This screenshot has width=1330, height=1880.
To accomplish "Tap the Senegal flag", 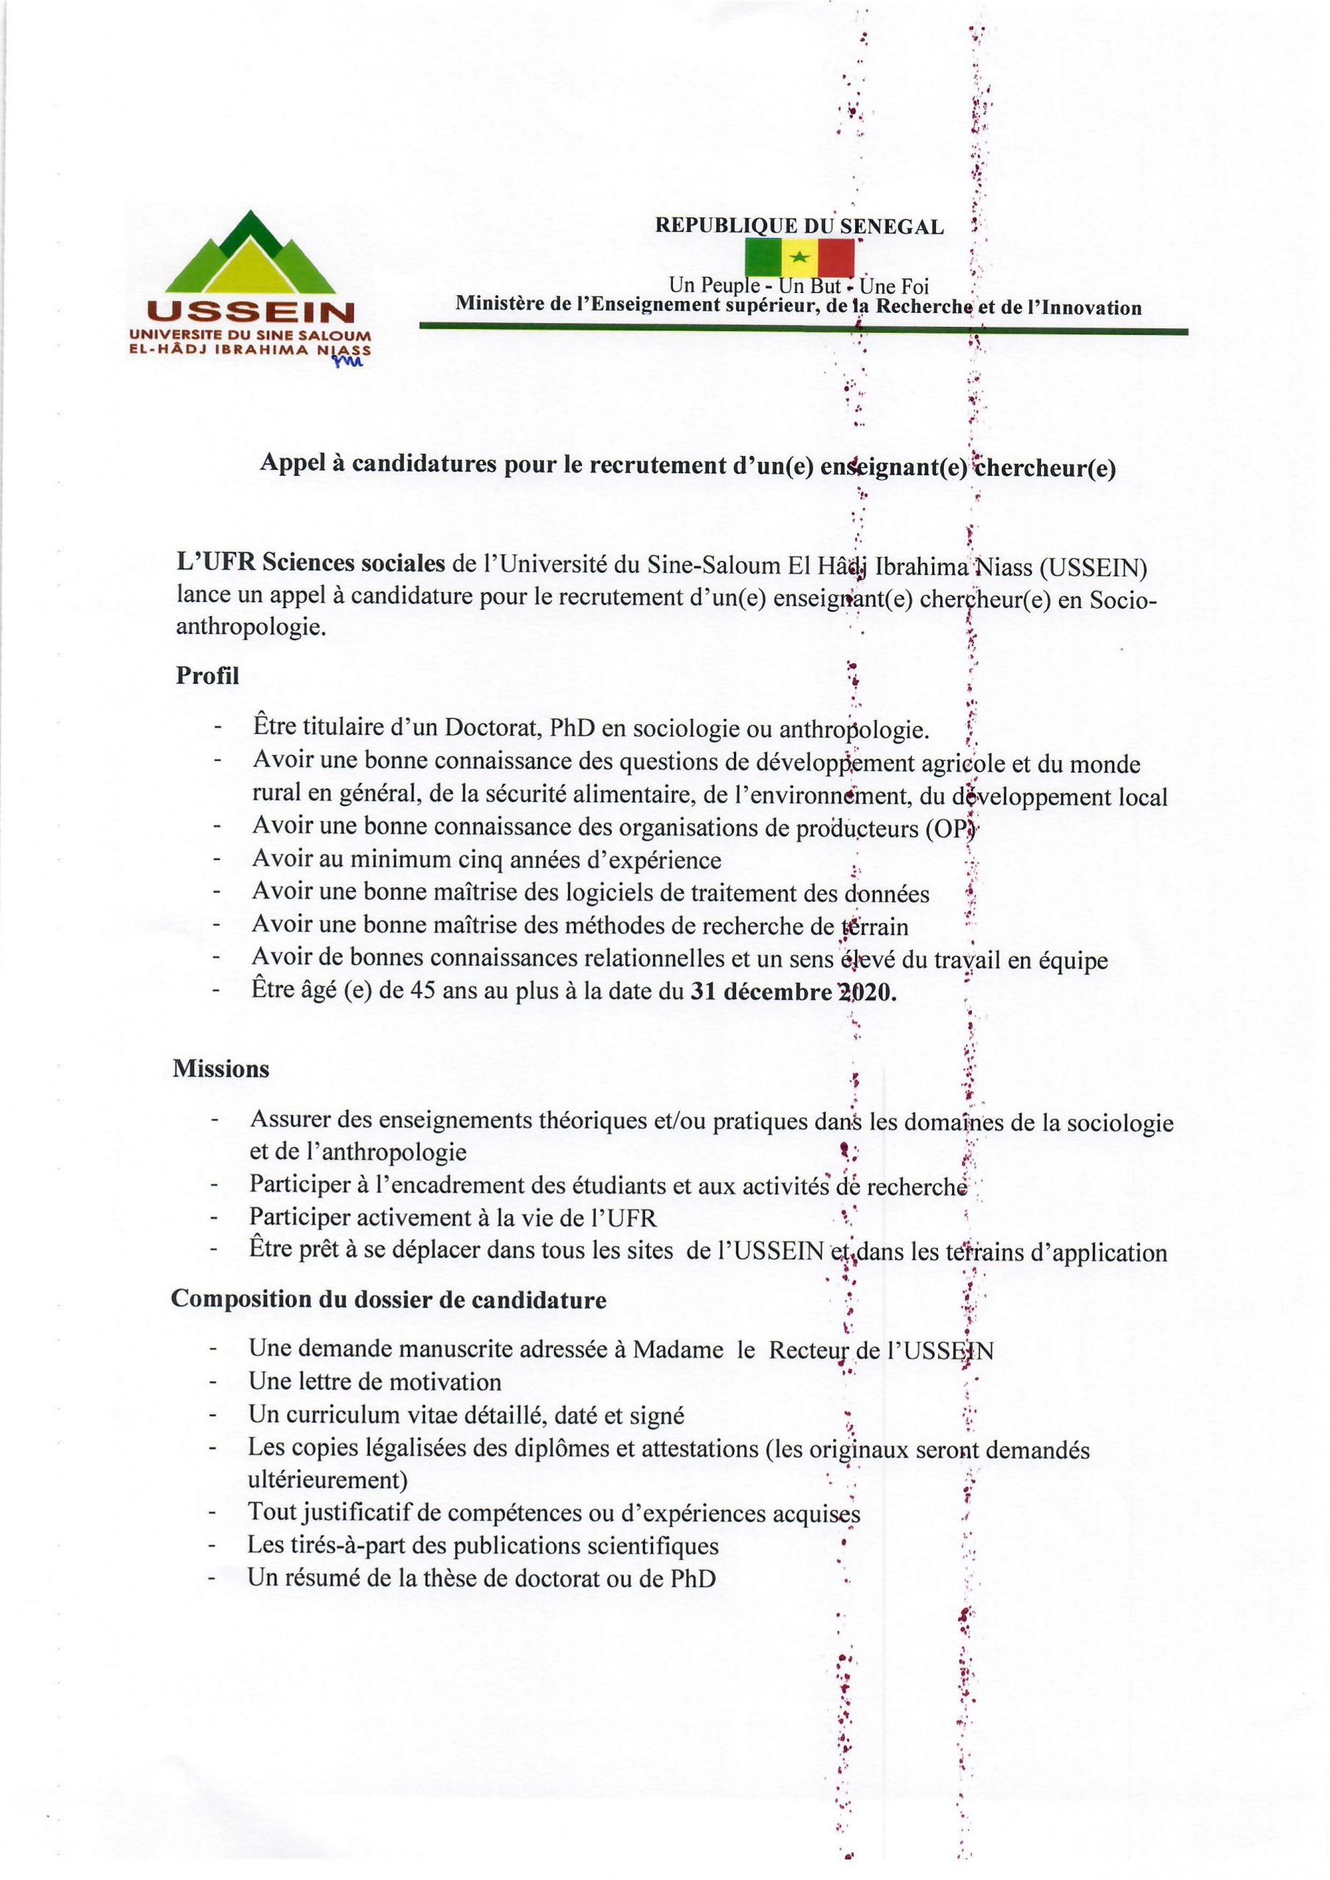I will [x=799, y=257].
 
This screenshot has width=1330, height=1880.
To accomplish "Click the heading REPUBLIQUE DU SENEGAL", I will [x=799, y=227].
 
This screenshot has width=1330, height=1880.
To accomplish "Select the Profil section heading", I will [x=207, y=676].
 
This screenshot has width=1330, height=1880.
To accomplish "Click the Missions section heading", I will [x=220, y=1069].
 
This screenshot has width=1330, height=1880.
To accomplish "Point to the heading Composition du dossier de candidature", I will [x=388, y=1300].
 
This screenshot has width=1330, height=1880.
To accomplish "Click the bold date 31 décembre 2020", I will [x=793, y=992].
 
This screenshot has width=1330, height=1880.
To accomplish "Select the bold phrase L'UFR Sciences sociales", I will [x=311, y=563].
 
